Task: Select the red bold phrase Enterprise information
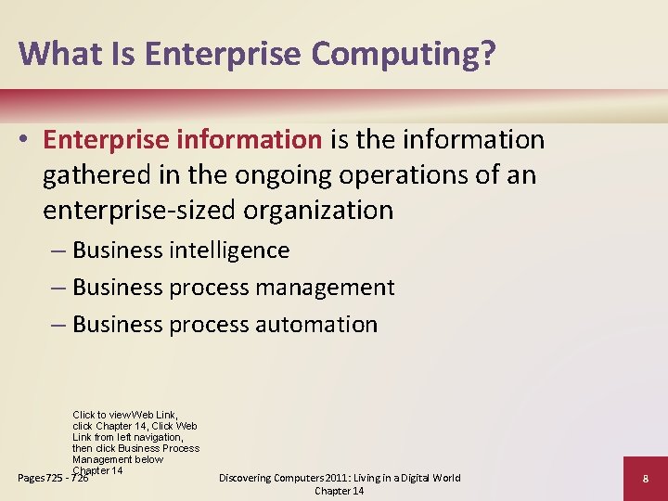tap(182, 140)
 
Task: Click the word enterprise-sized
tap(140, 211)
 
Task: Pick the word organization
tap(318, 211)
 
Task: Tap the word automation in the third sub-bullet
tap(316, 325)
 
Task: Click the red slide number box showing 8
tap(644, 479)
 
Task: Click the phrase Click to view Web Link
tap(124, 415)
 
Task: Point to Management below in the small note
tap(118, 459)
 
